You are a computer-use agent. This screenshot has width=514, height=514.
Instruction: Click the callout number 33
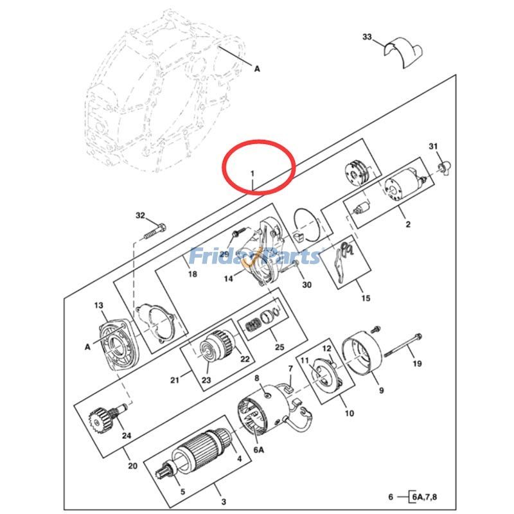[367, 38]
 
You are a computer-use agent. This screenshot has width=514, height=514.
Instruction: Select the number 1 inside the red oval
[253, 173]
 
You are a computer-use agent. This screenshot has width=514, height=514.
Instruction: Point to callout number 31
[433, 147]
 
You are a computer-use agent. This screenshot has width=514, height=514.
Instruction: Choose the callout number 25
[279, 348]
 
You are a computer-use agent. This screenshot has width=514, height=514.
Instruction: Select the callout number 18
[191, 274]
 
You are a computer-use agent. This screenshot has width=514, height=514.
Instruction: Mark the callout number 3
[223, 501]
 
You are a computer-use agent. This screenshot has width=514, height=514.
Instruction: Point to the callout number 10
[349, 414]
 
